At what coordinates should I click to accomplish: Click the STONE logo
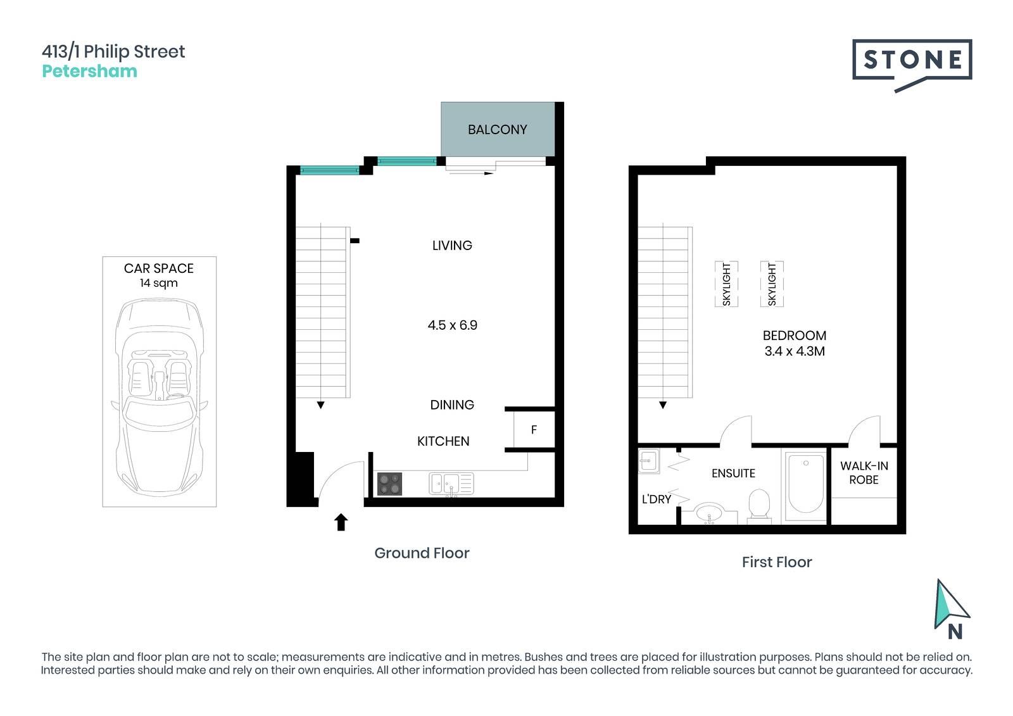(912, 64)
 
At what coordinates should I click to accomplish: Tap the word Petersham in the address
(89, 71)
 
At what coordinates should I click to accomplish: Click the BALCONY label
(497, 130)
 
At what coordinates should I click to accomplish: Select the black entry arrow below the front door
(341, 522)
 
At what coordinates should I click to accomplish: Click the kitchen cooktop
(389, 484)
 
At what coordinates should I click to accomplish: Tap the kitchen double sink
(451, 484)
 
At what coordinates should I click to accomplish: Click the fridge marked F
(534, 430)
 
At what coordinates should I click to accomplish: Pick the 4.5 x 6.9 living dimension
(452, 325)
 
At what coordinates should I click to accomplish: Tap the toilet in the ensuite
(759, 506)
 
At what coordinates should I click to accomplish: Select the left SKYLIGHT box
(726, 284)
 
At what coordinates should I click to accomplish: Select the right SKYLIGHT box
(772, 284)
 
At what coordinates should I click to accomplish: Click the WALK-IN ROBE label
(864, 473)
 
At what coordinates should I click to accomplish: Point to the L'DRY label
(656, 499)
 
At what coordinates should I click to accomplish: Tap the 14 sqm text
(159, 283)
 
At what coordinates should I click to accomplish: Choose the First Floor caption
(777, 562)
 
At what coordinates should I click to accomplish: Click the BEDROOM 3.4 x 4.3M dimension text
(795, 343)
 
